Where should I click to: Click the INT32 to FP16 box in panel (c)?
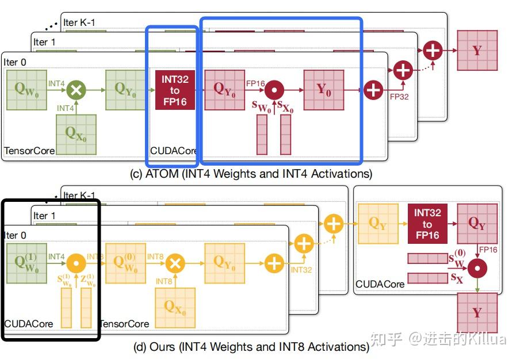(174, 90)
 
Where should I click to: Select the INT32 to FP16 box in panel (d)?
(427, 224)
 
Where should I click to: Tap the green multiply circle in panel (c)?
(75, 90)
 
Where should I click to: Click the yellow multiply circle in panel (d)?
(174, 263)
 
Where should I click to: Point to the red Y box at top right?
(477, 51)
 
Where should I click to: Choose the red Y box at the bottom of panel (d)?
(477, 312)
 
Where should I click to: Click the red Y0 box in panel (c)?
(323, 90)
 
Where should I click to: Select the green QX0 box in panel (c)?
(76, 134)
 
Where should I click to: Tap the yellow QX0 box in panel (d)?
(175, 307)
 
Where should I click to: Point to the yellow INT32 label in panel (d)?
(301, 269)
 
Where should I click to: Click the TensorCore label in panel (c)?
(30, 151)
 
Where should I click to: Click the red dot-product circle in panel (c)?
(275, 90)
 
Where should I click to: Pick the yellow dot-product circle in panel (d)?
(75, 263)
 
